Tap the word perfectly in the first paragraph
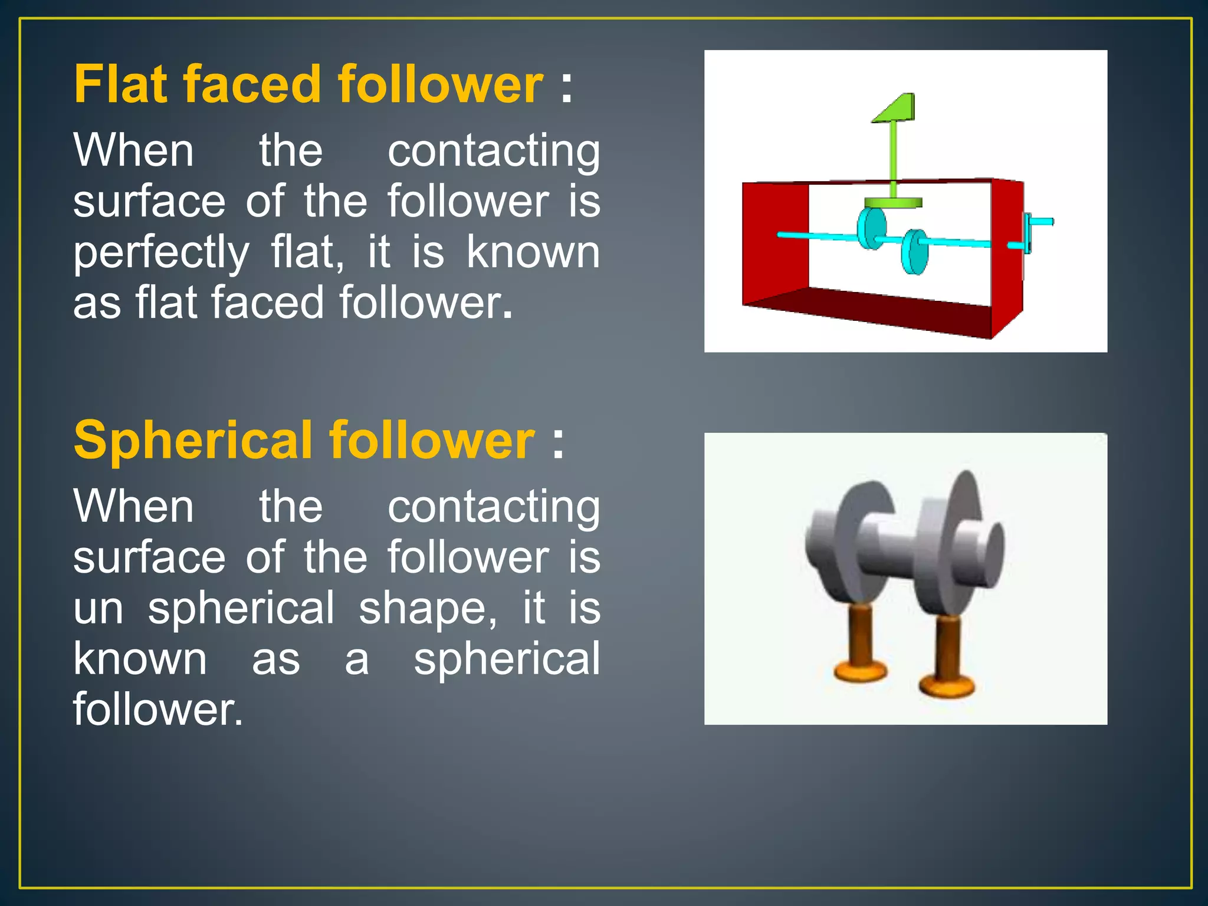click(161, 252)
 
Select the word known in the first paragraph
click(533, 252)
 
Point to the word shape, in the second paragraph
click(427, 608)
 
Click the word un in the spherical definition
click(98, 608)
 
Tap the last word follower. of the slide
click(157, 710)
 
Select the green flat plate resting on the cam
click(892, 203)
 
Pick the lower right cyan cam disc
click(914, 252)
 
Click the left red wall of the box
click(774, 242)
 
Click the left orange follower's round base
click(860, 671)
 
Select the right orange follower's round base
click(947, 686)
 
